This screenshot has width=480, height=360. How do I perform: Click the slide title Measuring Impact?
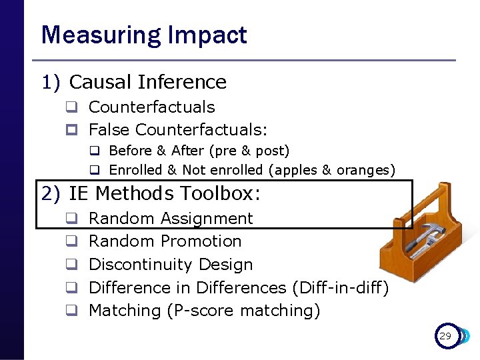click(x=144, y=35)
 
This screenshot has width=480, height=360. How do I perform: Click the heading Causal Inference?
click(x=147, y=82)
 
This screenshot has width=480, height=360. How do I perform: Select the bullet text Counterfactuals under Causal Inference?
click(x=151, y=107)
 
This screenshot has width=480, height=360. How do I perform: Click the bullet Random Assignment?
click(x=171, y=219)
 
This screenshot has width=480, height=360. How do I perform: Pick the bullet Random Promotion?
click(x=165, y=241)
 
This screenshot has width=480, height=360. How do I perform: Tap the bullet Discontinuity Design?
click(x=171, y=265)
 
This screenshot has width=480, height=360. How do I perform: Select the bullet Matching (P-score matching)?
click(x=204, y=311)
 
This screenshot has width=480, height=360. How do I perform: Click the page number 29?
click(x=445, y=337)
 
